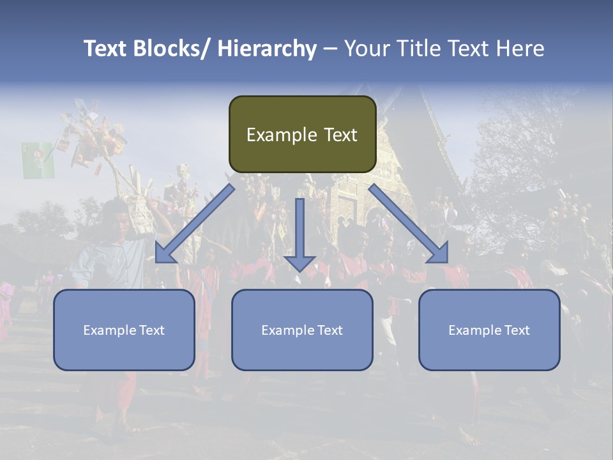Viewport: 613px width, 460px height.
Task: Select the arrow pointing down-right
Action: click(x=409, y=224)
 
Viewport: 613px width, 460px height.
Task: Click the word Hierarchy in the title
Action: click(x=267, y=49)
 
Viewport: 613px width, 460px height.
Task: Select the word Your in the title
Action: click(x=367, y=49)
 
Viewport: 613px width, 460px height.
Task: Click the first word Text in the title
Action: click(x=106, y=49)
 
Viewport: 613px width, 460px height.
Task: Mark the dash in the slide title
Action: click(x=330, y=49)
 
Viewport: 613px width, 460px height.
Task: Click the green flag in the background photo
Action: click(x=38, y=160)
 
